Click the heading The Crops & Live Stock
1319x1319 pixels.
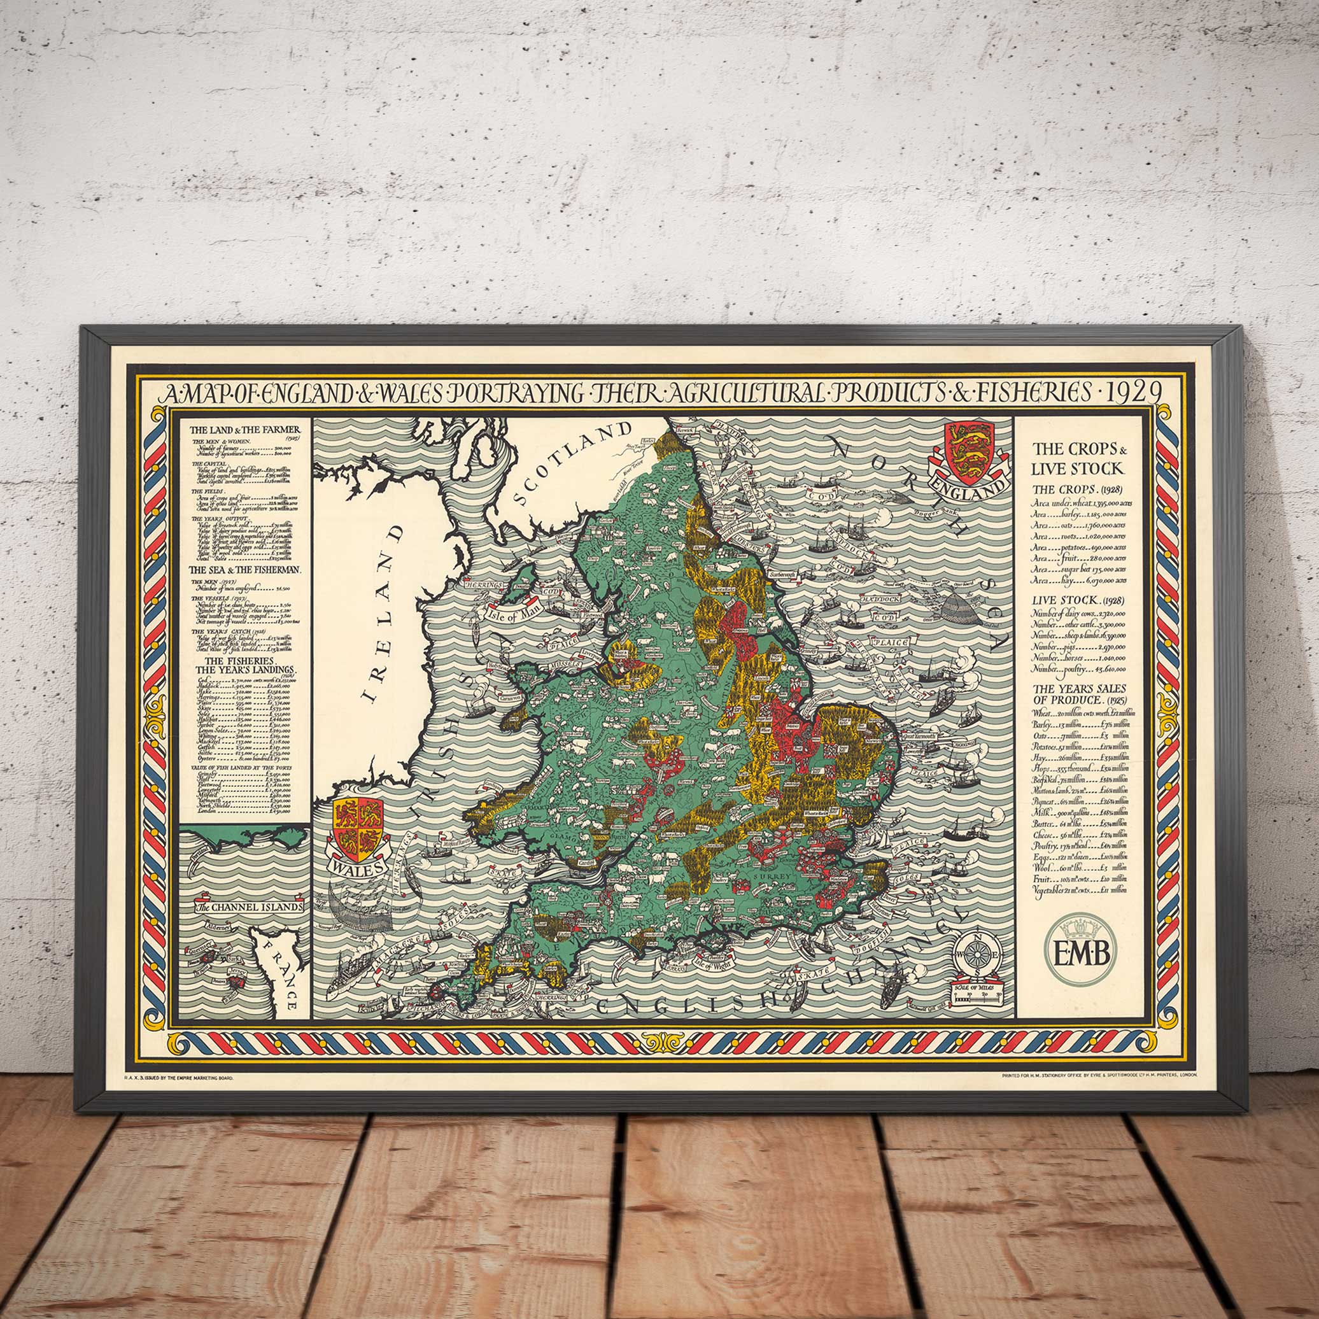(x=1078, y=458)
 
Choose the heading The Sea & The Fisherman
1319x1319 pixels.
(x=246, y=569)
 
